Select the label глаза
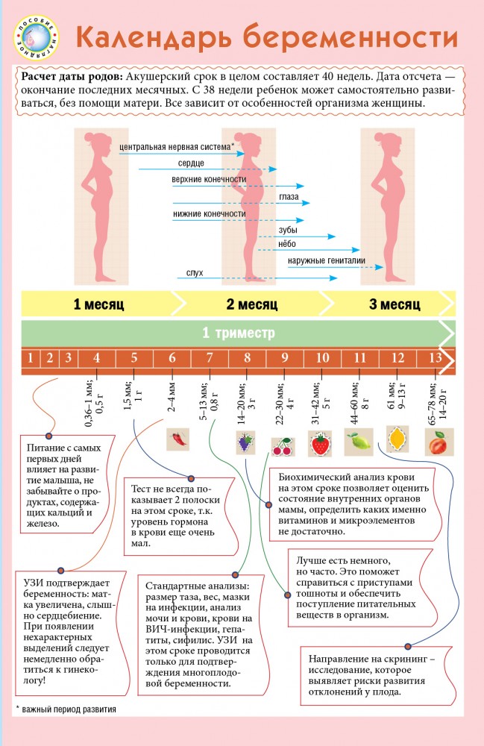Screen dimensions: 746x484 289,197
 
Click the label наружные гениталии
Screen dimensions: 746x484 326,261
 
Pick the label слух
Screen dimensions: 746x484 195,273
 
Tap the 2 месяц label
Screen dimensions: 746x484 251,305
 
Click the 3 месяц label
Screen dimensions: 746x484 395,305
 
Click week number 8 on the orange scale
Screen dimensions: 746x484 247,357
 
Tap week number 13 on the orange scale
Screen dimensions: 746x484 435,357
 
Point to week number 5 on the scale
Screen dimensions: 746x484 134,357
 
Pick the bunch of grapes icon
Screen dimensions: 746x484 245,442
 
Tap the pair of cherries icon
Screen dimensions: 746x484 282,446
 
